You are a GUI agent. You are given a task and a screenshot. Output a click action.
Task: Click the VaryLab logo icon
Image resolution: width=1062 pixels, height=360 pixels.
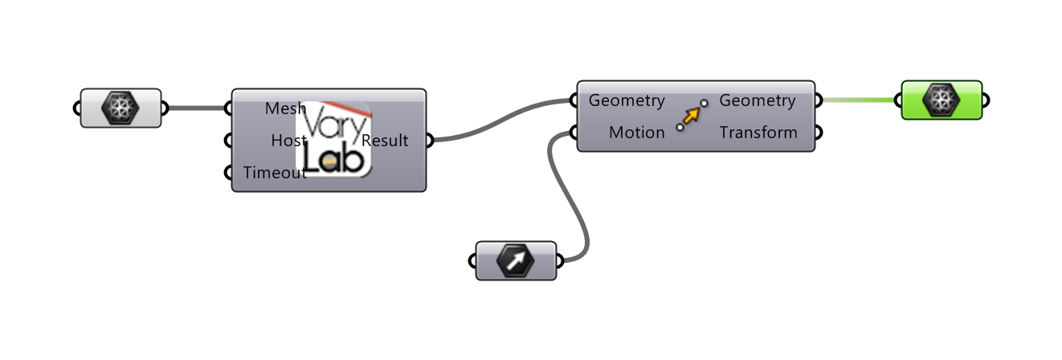pos(333,139)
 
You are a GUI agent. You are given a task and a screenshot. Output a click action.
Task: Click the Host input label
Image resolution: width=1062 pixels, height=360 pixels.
pos(288,141)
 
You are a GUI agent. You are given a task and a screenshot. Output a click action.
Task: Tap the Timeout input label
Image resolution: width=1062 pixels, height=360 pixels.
pos(274,172)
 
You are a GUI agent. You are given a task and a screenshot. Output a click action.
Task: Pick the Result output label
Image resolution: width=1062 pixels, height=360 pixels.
pos(386,141)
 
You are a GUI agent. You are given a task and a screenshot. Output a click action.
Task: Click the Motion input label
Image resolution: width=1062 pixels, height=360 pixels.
pos(636,133)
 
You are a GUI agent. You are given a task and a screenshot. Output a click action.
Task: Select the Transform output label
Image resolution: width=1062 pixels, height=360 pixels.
pos(758,133)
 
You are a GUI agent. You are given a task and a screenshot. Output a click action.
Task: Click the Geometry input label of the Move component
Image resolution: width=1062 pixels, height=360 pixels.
pos(627,100)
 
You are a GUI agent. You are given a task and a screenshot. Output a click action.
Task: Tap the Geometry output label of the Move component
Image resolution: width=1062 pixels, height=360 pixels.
pos(757,100)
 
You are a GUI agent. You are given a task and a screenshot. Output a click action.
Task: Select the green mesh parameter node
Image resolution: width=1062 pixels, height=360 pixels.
pos(942,100)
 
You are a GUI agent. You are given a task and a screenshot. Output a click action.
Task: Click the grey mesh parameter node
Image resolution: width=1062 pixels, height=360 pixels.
pos(120,108)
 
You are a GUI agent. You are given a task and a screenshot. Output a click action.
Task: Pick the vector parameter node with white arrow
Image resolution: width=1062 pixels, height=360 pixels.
pos(516,261)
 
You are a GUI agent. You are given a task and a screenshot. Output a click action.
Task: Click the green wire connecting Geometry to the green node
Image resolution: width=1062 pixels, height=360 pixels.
pos(858,100)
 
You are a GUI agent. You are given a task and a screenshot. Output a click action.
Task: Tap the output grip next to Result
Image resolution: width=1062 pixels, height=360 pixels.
pos(427,141)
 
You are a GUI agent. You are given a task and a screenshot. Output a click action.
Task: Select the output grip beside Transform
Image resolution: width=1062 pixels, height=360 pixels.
pos(817,133)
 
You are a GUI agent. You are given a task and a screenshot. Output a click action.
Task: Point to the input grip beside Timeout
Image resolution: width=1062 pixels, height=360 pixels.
pos(231,172)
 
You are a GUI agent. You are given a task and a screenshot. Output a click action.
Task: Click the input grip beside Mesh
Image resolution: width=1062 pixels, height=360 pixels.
pos(231,108)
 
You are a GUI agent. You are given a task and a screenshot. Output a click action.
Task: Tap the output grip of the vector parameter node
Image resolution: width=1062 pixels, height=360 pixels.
pos(558,261)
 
